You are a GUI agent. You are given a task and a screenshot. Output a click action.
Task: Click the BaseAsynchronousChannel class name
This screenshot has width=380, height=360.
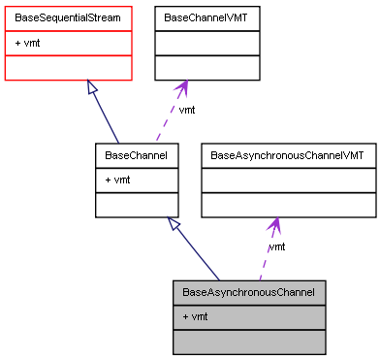pyautogui.click(x=248, y=291)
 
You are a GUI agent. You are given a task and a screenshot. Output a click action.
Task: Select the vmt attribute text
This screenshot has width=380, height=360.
pyautogui.click(x=199, y=317)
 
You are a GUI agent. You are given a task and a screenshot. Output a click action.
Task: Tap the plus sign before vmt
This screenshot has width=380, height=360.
pyautogui.click(x=184, y=317)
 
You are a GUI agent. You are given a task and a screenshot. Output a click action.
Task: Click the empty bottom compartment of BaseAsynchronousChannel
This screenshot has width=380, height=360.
pyautogui.click(x=248, y=342)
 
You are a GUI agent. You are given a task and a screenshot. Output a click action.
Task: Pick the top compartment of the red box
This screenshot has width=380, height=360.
pyautogui.click(x=68, y=18)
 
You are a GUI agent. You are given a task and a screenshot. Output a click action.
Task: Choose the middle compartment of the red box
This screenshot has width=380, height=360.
pyautogui.click(x=68, y=44)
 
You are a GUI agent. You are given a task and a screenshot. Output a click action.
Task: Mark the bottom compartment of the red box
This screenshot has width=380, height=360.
pyautogui.click(x=68, y=68)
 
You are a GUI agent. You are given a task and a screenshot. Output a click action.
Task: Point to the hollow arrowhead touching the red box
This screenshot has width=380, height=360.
pyautogui.click(x=91, y=88)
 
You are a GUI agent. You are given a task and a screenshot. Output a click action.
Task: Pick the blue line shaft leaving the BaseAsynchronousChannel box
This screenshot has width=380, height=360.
pyautogui.click(x=199, y=255)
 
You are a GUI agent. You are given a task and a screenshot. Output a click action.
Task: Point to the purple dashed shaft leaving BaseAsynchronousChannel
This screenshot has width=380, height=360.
pyautogui.click(x=266, y=257)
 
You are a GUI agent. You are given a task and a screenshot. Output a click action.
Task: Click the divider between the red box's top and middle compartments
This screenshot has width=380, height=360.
pyautogui.click(x=68, y=31)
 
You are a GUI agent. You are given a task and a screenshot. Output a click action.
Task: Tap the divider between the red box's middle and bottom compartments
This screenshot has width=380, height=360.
pyautogui.click(x=68, y=56)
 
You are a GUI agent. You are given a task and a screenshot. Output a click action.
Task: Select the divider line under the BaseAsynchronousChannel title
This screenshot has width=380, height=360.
pyautogui.click(x=248, y=305)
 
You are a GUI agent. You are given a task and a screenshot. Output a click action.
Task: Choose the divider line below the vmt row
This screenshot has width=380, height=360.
pyautogui.click(x=248, y=330)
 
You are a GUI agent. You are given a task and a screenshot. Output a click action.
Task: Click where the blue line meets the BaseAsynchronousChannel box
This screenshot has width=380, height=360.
pyautogui.click(x=222, y=280)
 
